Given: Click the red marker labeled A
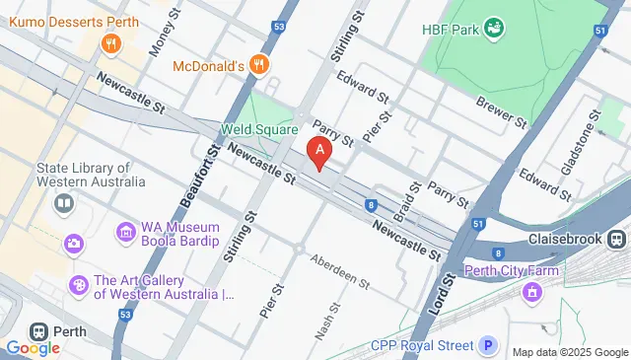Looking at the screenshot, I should click(x=318, y=153).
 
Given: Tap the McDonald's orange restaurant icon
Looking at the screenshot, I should click(x=258, y=65).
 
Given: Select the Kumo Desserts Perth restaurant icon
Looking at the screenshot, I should click(x=111, y=43).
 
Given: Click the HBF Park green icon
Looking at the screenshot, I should click(x=495, y=29).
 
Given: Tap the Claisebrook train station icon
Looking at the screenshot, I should click(x=617, y=239).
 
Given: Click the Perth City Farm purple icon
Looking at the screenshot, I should click(x=533, y=291).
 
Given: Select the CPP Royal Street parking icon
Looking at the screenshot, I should click(x=487, y=345).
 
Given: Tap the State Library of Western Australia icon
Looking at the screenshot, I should click(x=64, y=203).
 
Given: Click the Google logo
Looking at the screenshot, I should click(x=33, y=347).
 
